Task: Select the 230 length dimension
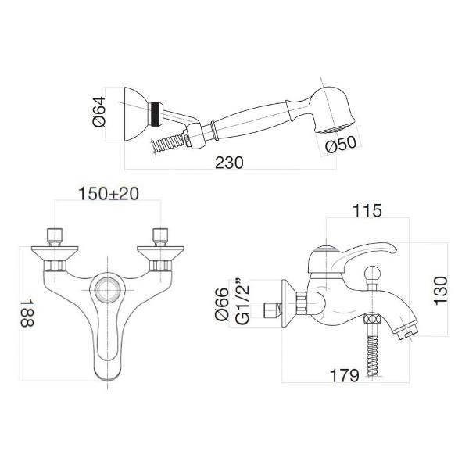point(230,163)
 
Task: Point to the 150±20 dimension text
point(108,193)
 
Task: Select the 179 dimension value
point(345,376)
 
